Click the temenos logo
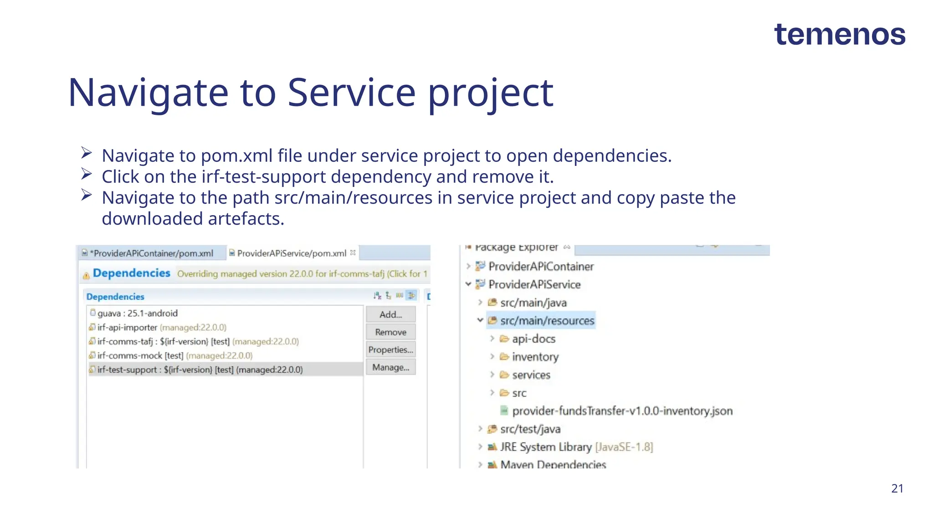pyautogui.click(x=839, y=35)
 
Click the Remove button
pyautogui.click(x=390, y=332)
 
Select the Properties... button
pyautogui.click(x=390, y=350)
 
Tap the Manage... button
pyautogui.click(x=390, y=367)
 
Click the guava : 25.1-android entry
pyautogui.click(x=137, y=314)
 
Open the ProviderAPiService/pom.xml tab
pyautogui.click(x=292, y=253)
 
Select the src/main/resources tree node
pyautogui.click(x=547, y=321)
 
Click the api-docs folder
pyautogui.click(x=533, y=339)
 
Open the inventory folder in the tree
pyautogui.click(x=535, y=357)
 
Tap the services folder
pyautogui.click(x=531, y=375)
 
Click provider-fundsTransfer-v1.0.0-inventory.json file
pyautogui.click(x=622, y=411)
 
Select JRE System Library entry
pyautogui.click(x=545, y=447)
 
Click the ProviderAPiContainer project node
pyautogui.click(x=541, y=267)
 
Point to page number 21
pyautogui.click(x=897, y=489)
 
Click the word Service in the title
pyautogui.click(x=351, y=93)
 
